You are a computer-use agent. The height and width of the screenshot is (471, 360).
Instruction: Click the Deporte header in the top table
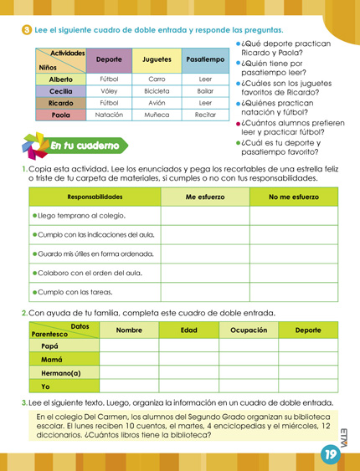coord(109,60)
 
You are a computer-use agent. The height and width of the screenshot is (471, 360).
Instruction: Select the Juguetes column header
coord(157,60)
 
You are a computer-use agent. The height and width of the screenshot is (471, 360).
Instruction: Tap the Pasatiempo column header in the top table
coord(205,60)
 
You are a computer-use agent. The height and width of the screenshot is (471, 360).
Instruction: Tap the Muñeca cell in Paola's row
coord(157,115)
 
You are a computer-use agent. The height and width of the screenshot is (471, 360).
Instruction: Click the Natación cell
coord(109,115)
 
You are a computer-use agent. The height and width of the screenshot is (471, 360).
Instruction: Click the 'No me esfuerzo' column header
coord(293,197)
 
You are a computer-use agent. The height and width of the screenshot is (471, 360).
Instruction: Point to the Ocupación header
coord(248,330)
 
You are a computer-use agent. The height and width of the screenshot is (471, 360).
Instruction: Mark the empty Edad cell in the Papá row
coord(188,345)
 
